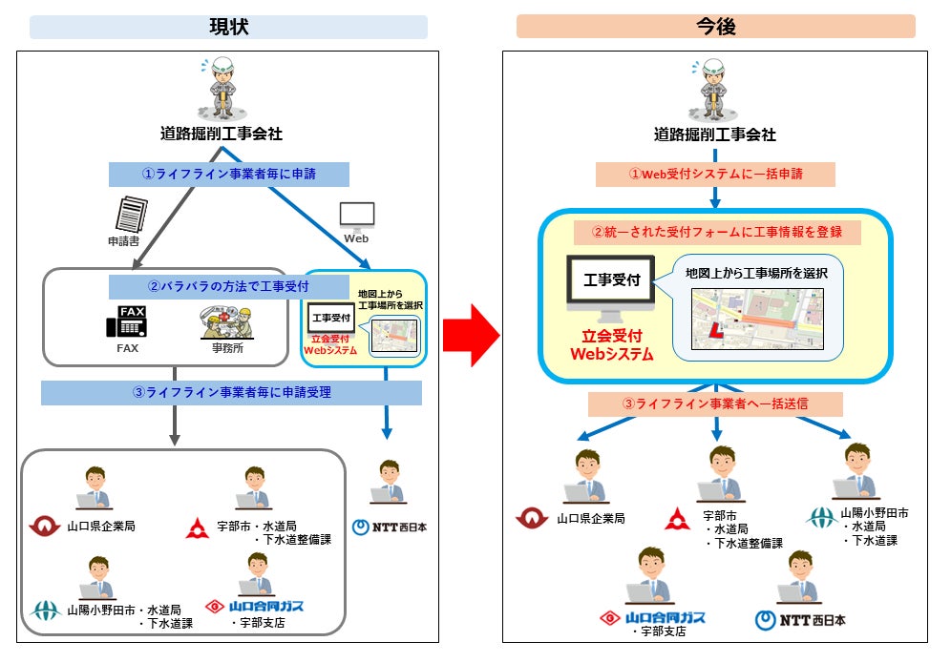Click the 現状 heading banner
pyautogui.click(x=228, y=28)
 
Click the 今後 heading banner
pyautogui.click(x=716, y=27)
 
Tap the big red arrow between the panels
pyautogui.click(x=472, y=335)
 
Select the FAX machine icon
pyautogui.click(x=127, y=321)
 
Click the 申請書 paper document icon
pyautogui.click(x=132, y=214)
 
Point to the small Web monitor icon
pyautogui.click(x=357, y=217)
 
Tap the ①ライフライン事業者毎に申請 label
pyautogui.click(x=228, y=174)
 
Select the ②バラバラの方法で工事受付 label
pyautogui.click(x=228, y=286)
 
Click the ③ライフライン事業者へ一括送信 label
pyautogui.click(x=715, y=404)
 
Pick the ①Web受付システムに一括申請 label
pyautogui.click(x=716, y=174)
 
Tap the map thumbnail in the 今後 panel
pyautogui.click(x=757, y=320)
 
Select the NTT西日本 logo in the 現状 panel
pyautogui.click(x=390, y=527)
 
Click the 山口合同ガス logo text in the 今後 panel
pyautogui.click(x=666, y=617)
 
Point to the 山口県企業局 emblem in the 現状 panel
pyautogui.click(x=45, y=526)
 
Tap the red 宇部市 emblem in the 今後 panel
pyautogui.click(x=677, y=519)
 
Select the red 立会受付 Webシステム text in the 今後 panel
pyautogui.click(x=611, y=345)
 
